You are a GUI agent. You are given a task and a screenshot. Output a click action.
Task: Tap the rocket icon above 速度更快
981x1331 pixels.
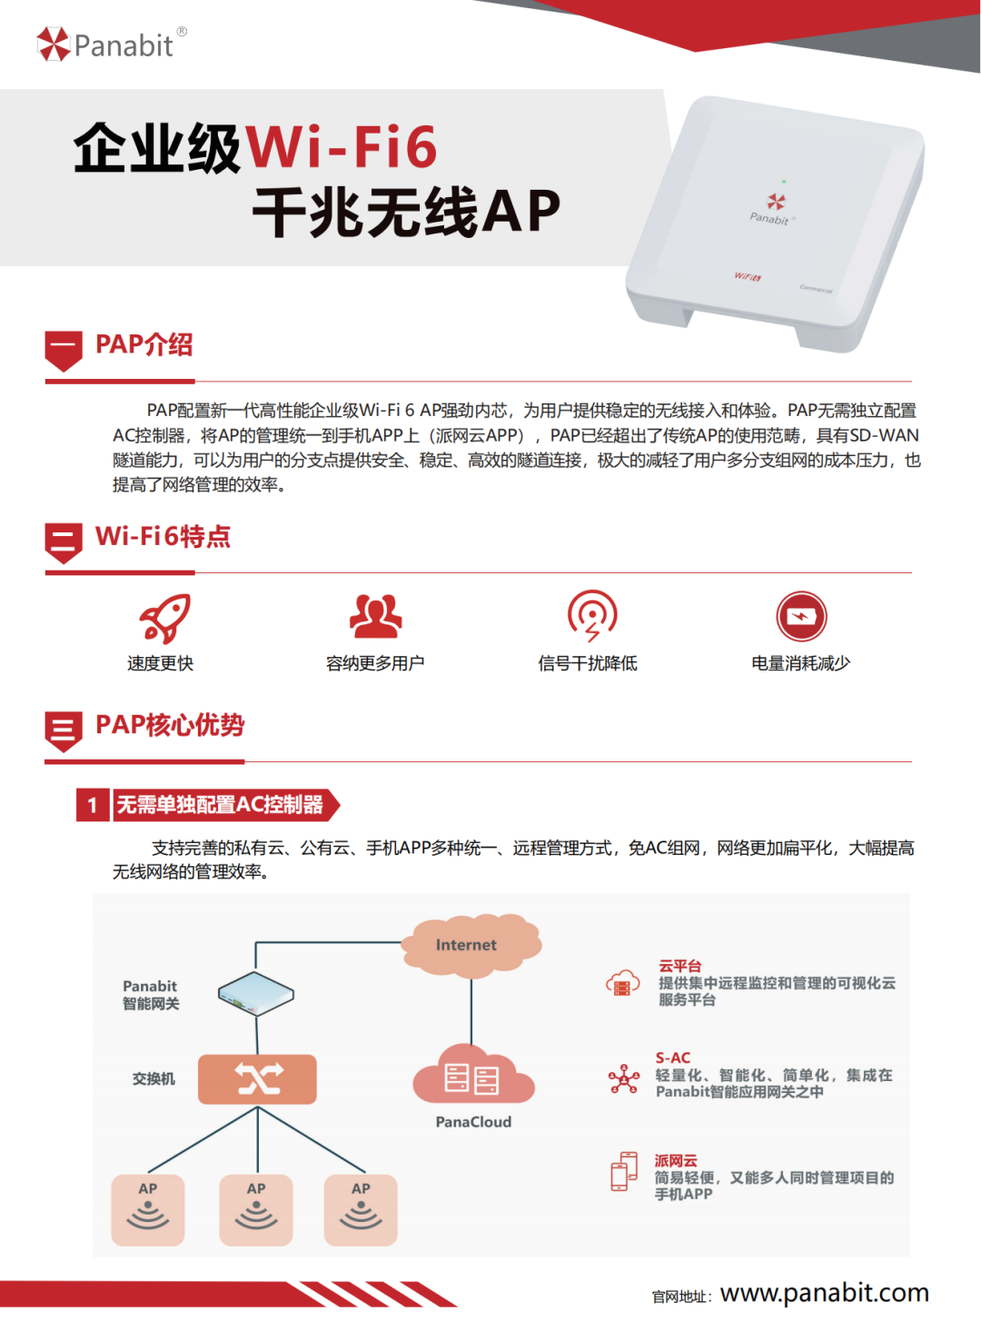[x=164, y=618]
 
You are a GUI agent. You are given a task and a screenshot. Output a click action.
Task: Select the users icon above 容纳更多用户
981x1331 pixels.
[x=375, y=616]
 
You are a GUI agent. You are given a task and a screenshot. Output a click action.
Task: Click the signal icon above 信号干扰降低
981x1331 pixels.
[x=592, y=615]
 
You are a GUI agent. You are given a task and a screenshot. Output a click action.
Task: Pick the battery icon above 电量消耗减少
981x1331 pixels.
[x=801, y=617]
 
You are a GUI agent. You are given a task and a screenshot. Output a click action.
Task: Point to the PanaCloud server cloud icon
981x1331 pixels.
[x=473, y=1076]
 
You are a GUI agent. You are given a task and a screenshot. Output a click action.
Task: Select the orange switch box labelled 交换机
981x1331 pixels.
[x=258, y=1079]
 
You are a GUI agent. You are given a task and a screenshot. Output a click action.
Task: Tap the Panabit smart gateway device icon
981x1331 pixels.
[x=255, y=994]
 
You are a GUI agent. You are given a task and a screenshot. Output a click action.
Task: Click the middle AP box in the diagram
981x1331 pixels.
[x=256, y=1209]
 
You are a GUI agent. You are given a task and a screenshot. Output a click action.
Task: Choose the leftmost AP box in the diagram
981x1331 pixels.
[x=148, y=1209]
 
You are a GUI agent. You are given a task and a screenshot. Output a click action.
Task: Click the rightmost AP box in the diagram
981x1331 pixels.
[x=361, y=1209]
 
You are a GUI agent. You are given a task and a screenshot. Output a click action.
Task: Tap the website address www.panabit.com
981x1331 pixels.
[x=824, y=1293]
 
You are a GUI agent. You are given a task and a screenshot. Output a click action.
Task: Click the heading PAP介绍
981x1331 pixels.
[x=144, y=345]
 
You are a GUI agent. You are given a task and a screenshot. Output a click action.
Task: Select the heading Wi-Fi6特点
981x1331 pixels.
[x=163, y=537]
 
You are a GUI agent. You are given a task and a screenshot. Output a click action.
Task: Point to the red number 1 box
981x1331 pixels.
[x=93, y=805]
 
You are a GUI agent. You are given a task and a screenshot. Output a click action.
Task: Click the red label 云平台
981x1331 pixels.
[x=680, y=966]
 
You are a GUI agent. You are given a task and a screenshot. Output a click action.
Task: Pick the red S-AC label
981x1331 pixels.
[x=673, y=1058]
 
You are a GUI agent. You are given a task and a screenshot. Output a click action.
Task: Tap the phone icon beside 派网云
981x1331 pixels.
[x=624, y=1171]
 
